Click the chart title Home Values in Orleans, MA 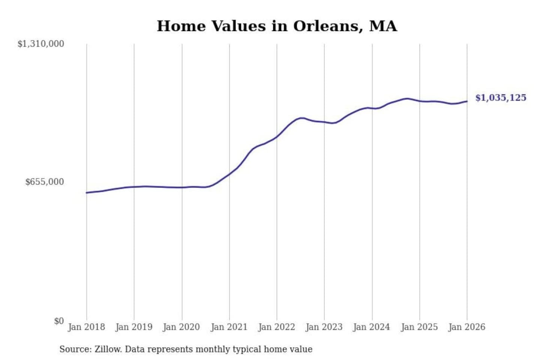277,26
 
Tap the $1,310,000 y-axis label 41,44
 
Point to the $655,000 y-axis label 45,182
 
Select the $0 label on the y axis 59,321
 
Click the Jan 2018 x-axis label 86,327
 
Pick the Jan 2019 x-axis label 134,327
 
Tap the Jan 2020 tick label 181,327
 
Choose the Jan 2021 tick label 229,327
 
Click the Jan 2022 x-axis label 277,327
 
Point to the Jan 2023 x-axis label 324,327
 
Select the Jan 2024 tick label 372,327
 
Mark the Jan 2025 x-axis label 419,327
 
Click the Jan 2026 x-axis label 467,327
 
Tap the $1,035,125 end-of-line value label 501,98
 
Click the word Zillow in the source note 108,349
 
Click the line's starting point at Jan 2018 87,193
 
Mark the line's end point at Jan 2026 467,101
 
